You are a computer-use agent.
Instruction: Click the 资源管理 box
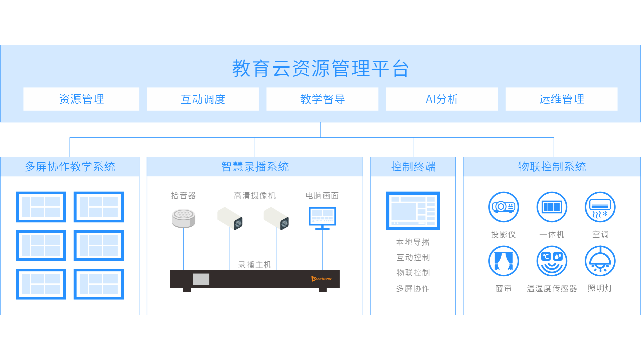[x=81, y=99]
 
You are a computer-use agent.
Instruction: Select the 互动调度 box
[x=203, y=99]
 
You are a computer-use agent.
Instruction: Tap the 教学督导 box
[x=322, y=99]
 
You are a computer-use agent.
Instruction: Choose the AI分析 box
[x=442, y=99]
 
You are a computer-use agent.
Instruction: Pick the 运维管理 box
[x=561, y=99]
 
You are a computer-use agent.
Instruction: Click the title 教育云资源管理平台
[x=320, y=68]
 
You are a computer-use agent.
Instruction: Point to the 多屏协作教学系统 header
[x=70, y=167]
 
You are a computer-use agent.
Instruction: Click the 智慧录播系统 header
[x=255, y=167]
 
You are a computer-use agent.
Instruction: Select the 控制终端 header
[x=413, y=167]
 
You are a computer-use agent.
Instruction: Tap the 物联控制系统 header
[x=552, y=167]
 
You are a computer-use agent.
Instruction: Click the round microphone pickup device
[x=183, y=218]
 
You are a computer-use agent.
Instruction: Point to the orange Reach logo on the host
[x=322, y=279]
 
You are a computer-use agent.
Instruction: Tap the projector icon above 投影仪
[x=503, y=207]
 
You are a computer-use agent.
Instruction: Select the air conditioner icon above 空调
[x=600, y=207]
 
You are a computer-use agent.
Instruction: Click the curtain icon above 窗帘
[x=503, y=261]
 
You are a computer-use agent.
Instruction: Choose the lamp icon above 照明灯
[x=600, y=261]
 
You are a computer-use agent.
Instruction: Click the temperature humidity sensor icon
[x=552, y=261]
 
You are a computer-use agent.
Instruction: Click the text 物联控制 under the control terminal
[x=413, y=273]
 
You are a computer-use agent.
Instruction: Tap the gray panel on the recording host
[x=201, y=279]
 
